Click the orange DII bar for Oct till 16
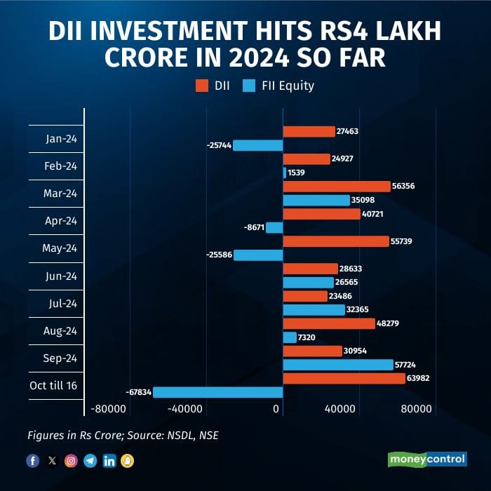pos(344,378)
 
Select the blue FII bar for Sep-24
pos(337,365)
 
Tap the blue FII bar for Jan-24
pos(257,145)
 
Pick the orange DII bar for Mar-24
pos(336,186)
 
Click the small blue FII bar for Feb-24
pos(284,173)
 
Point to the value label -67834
pos(137,392)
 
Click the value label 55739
pos(403,241)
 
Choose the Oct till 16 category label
pos(55,386)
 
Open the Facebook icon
pos(33,461)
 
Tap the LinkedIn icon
pos(109,461)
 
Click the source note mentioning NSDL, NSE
pos(123,436)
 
